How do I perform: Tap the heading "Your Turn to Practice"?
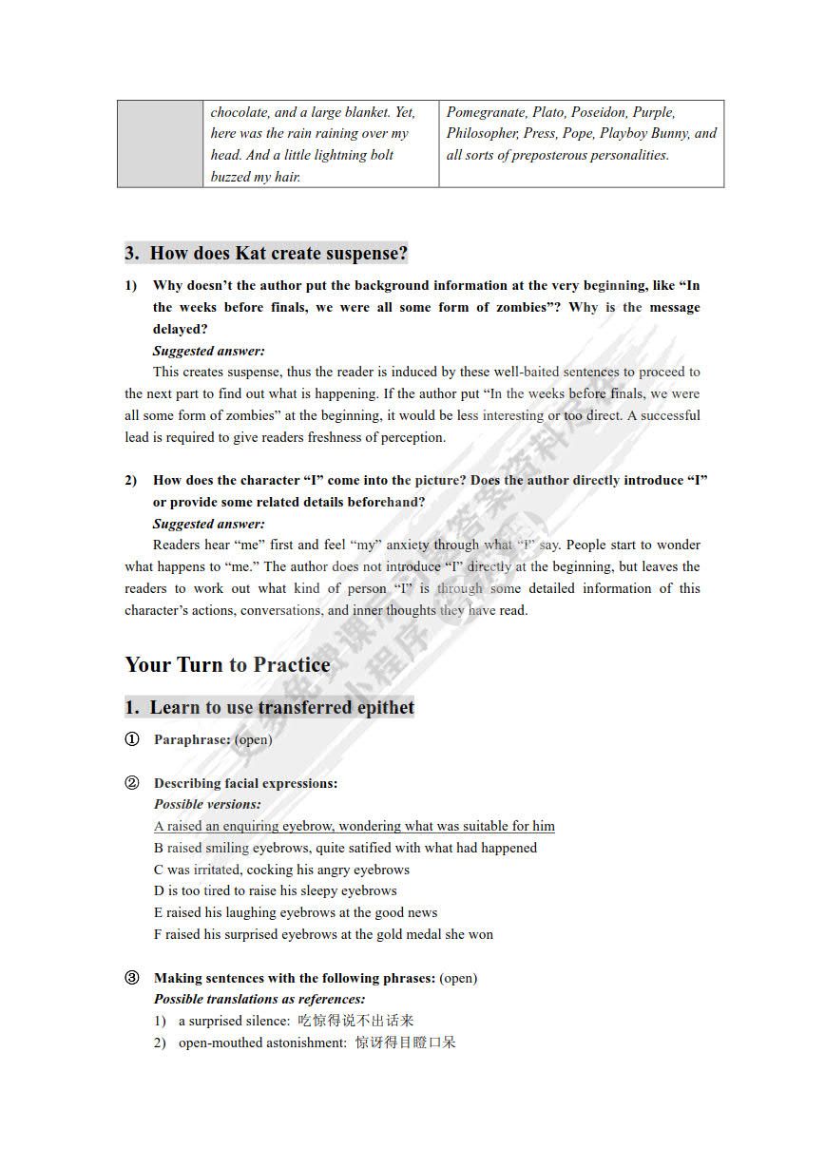pyautogui.click(x=227, y=664)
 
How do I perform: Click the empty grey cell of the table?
pyautogui.click(x=160, y=143)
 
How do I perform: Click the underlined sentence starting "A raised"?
pyautogui.click(x=354, y=826)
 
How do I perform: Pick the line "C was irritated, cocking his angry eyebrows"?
pyautogui.click(x=281, y=870)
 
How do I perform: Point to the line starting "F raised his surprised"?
pyautogui.click(x=323, y=934)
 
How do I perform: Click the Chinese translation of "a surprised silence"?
pyautogui.click(x=355, y=1022)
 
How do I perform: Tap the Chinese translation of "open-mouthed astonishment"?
pyautogui.click(x=406, y=1043)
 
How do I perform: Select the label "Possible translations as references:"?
pyautogui.click(x=259, y=1000)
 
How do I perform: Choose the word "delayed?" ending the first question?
pyautogui.click(x=180, y=329)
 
